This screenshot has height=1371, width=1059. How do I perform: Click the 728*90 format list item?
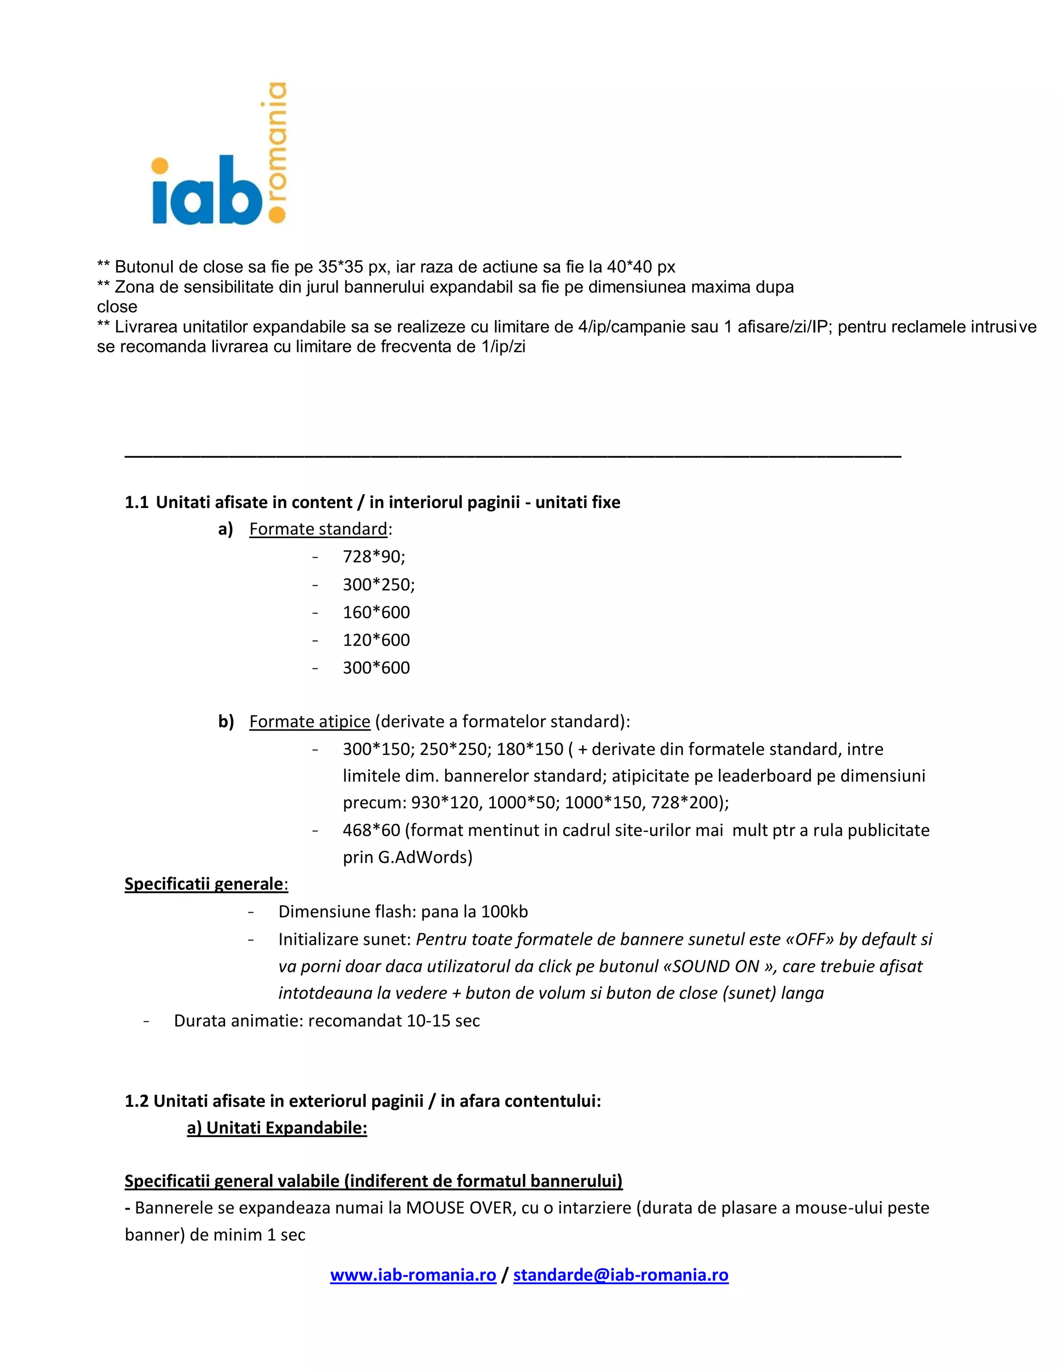pos(374,557)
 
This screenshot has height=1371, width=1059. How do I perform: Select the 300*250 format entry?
pos(379,585)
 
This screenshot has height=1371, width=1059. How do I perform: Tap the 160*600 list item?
pos(376,612)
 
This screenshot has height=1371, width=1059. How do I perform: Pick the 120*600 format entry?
pos(376,639)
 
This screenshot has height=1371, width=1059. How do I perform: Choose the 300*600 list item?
pos(376,667)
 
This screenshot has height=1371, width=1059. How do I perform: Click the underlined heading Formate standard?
pos(318,529)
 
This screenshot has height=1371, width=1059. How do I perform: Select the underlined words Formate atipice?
pos(309,721)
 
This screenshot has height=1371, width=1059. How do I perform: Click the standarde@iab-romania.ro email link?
pos(621,1275)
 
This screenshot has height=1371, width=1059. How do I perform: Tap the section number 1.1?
pos(136,502)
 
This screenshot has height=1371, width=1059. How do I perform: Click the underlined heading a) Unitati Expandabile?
pos(277,1128)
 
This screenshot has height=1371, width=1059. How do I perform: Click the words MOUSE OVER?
pos(459,1208)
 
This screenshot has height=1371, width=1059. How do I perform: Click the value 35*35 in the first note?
pos(340,267)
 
